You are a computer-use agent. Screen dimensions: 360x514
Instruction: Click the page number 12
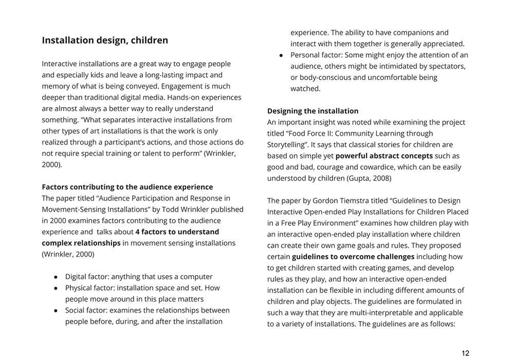465,353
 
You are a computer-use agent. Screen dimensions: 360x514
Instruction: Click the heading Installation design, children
105,40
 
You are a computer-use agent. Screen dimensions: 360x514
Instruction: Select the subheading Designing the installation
313,111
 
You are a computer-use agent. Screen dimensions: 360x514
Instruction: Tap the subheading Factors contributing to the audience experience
127,187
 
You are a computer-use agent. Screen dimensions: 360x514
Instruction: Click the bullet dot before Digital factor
56,277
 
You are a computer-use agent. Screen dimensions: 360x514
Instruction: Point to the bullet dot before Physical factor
56,288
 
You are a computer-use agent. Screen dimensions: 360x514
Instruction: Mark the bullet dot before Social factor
56,311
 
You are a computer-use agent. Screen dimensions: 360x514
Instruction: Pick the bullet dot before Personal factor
282,55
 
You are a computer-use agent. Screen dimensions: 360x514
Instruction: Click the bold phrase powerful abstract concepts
384,156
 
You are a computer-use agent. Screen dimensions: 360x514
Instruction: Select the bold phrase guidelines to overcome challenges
353,257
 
